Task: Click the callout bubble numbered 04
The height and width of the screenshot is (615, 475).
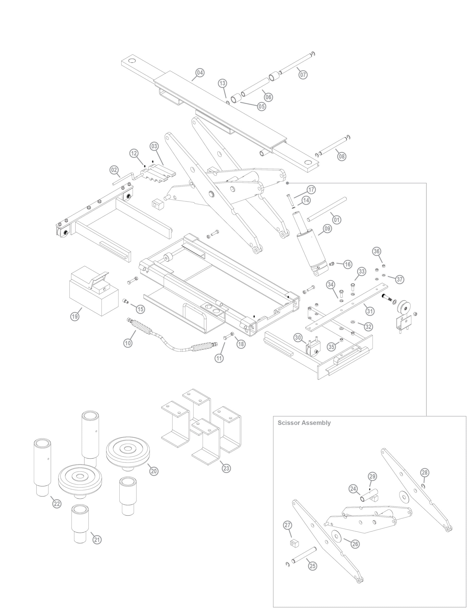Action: point(200,73)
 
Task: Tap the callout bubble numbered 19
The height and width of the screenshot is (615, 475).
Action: point(75,316)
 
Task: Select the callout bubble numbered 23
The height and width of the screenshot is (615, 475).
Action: point(226,468)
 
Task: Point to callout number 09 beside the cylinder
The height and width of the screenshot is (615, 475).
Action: point(327,229)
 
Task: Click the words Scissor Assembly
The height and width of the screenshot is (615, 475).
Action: point(304,430)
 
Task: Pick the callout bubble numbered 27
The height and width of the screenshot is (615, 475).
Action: point(287,525)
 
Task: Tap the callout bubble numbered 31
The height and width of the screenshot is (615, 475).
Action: point(370,311)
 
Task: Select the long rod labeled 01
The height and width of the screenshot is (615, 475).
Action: point(327,209)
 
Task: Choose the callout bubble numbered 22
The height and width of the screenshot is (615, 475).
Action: point(57,504)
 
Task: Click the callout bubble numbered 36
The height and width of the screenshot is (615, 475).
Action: point(377,251)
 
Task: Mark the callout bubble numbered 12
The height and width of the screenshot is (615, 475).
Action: point(134,154)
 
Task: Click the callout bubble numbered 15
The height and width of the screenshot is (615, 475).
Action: point(140,309)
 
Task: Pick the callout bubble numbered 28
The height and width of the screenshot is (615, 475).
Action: point(425,473)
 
